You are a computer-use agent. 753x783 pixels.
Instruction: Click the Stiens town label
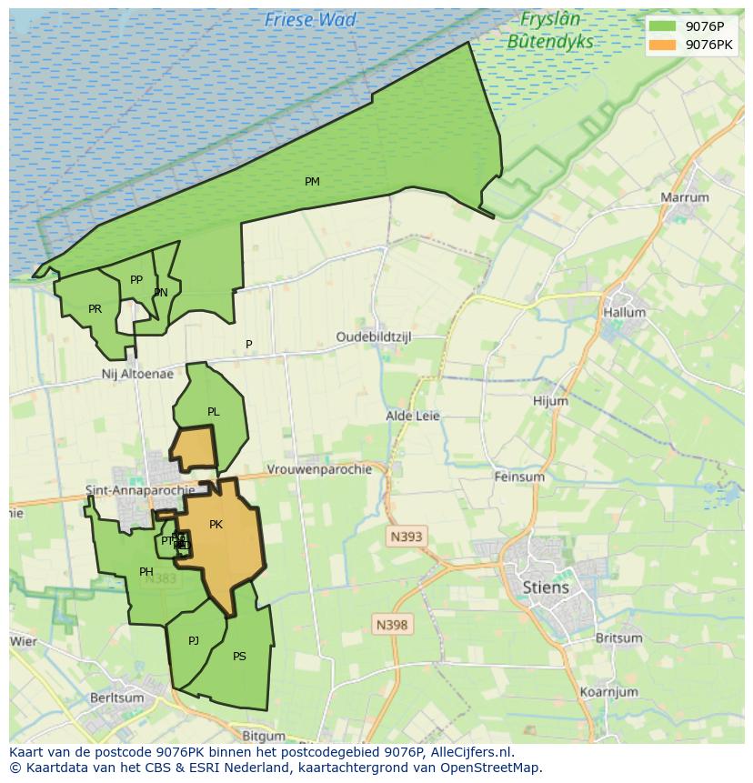[x=546, y=587]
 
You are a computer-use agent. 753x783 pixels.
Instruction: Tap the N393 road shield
[x=406, y=537]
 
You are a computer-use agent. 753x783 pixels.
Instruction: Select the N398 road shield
[x=392, y=625]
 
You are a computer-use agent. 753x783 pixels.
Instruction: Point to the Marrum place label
[x=685, y=197]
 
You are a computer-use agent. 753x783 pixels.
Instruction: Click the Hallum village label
[x=624, y=312]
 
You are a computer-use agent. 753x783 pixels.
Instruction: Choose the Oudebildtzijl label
[x=374, y=336]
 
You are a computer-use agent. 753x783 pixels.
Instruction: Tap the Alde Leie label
[x=413, y=416]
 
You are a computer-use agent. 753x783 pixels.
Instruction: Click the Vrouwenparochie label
[x=319, y=469]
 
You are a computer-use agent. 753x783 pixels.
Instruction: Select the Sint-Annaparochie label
[x=139, y=490]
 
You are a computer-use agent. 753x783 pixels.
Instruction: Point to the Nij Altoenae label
[x=137, y=374]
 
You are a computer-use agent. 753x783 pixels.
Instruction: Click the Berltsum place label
[x=117, y=698]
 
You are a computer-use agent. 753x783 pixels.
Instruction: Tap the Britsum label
[x=618, y=637]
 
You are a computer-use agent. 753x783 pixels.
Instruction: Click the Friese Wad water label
[x=310, y=19]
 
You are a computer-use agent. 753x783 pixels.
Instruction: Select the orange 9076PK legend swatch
[x=662, y=45]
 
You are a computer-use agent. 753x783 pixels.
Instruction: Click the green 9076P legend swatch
[x=662, y=26]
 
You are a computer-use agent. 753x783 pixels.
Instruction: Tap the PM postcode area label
[x=312, y=182]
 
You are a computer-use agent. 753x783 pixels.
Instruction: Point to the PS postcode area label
[x=239, y=656]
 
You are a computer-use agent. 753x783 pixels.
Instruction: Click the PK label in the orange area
[x=216, y=524]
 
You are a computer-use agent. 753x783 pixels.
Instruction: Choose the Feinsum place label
[x=518, y=477]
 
